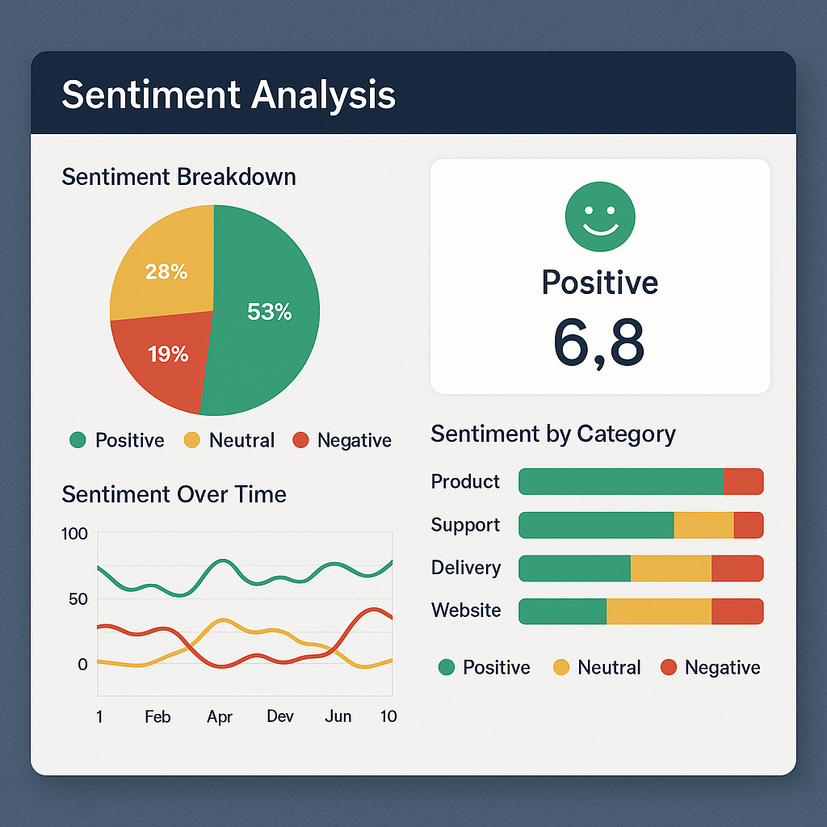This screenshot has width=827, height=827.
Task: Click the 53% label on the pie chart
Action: coord(269,312)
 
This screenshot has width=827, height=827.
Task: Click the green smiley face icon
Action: coord(600,216)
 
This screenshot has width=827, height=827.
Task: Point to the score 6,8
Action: coord(599,341)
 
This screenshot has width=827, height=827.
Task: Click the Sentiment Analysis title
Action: coord(229,94)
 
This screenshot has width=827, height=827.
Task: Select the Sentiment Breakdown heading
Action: coord(178,177)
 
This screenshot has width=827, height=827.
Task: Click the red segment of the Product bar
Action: coord(742,481)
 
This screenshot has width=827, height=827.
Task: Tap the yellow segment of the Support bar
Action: coord(703,525)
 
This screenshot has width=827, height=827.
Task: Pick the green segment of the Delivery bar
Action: coord(574,568)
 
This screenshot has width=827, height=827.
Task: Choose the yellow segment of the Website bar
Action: coord(658,611)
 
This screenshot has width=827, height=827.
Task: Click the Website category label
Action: coord(466,611)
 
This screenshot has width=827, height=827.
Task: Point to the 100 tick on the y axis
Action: coord(74,534)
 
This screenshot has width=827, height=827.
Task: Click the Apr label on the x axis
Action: coord(220,717)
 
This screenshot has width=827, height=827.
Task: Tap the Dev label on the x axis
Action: coord(280,717)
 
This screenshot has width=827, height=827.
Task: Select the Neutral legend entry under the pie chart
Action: coord(230,440)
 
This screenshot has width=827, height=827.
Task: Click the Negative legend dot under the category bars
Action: coord(669,667)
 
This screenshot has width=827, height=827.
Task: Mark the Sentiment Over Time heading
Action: coord(174,494)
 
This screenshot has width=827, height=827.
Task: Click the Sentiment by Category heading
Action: coord(553,434)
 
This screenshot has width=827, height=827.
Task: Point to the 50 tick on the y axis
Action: coord(78,599)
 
